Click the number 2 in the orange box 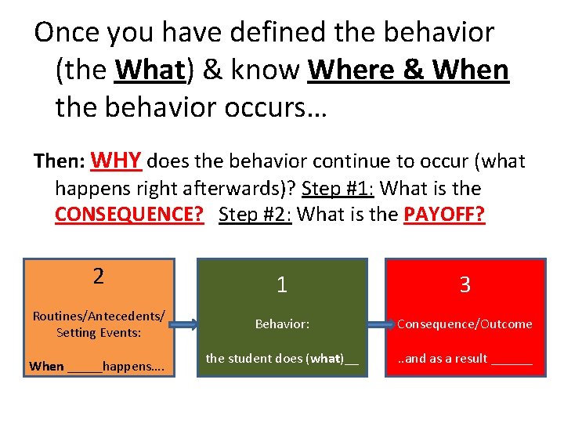[98, 276]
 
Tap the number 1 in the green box [282, 285]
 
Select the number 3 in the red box [465, 285]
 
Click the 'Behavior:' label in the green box [282, 324]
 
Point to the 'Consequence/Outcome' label [465, 324]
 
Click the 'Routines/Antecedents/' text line [99, 316]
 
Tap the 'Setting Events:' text [99, 332]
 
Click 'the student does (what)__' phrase [282, 359]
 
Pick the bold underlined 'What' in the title [148, 70]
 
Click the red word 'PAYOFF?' [444, 215]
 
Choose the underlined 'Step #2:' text [255, 215]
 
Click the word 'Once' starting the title [65, 32]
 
